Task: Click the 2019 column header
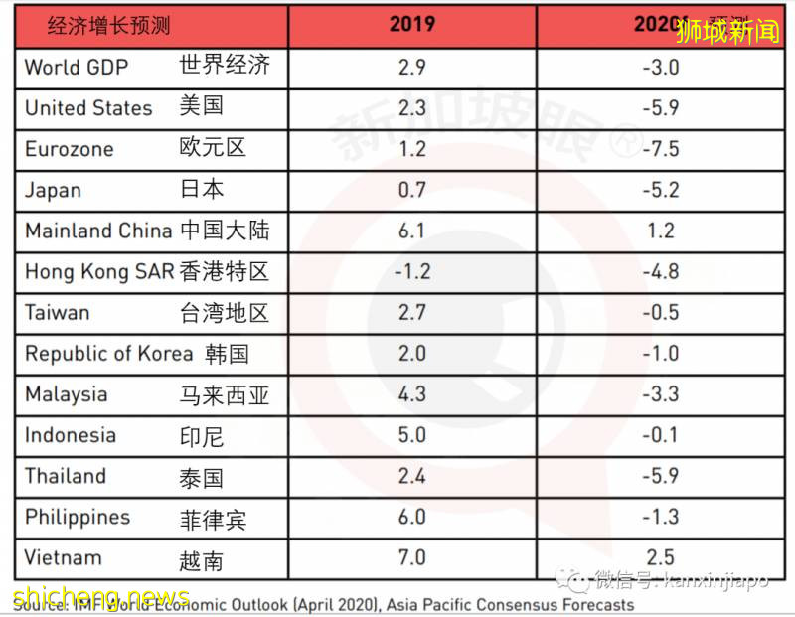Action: pos(411,23)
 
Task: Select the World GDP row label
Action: pos(76,68)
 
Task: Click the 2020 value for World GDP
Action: pos(659,68)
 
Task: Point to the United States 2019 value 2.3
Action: pos(411,108)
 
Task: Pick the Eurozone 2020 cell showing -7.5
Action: pos(659,149)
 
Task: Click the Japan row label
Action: pos(54,190)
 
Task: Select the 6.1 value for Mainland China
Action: pos(411,231)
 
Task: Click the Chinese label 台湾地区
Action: pos(225,313)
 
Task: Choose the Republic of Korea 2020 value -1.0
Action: pos(659,354)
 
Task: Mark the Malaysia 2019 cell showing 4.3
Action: pos(411,394)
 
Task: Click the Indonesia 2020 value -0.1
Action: pos(659,435)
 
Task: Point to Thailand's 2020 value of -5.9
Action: pos(659,476)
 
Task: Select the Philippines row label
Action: pos(78,518)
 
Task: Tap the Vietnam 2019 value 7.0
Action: pos(411,557)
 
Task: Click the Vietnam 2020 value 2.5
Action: pos(661,557)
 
